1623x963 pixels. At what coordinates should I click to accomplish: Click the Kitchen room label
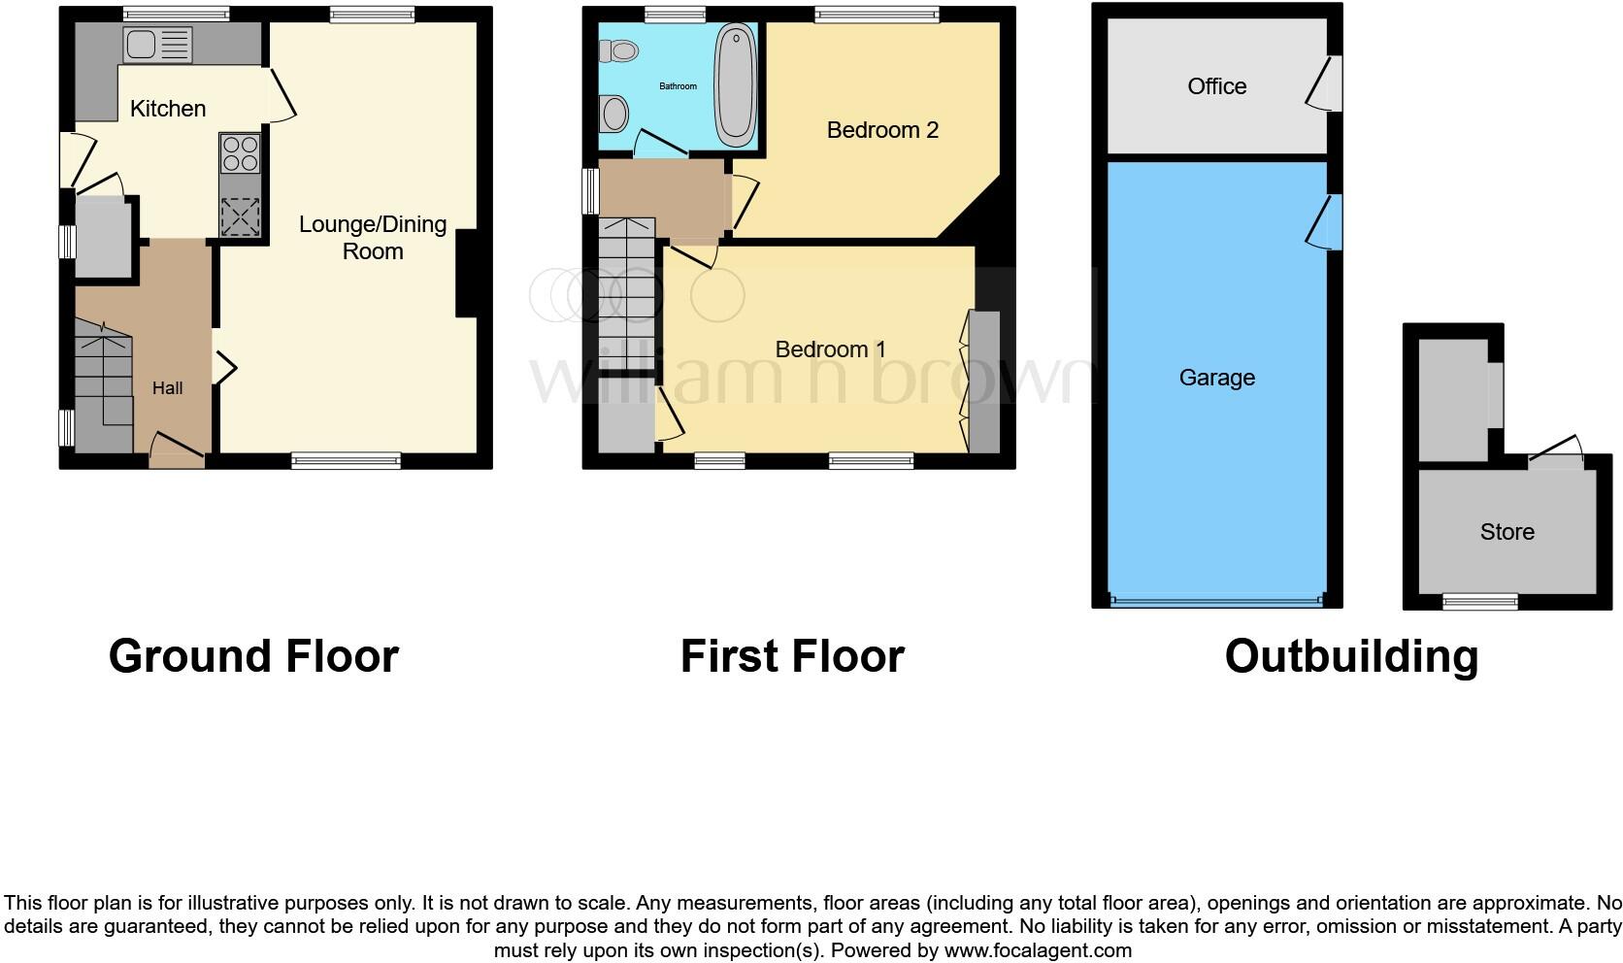tap(168, 109)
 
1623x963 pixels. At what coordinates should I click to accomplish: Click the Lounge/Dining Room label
tap(373, 238)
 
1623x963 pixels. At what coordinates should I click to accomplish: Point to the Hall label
tap(167, 388)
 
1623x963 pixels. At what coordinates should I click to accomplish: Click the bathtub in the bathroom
tap(737, 85)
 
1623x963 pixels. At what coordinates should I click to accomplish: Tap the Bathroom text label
tap(678, 86)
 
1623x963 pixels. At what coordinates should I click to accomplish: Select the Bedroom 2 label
tap(882, 130)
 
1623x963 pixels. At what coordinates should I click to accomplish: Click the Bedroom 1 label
tap(830, 349)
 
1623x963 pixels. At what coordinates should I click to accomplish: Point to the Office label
tap(1216, 86)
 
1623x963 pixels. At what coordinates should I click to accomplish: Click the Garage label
tap(1216, 378)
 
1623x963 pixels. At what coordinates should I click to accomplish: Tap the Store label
tap(1507, 532)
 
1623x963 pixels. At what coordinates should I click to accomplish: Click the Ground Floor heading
tap(253, 656)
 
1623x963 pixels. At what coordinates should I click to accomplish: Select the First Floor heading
tap(792, 656)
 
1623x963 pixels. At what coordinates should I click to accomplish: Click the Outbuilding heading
tap(1351, 656)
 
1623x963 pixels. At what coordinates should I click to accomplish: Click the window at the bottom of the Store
tap(1480, 602)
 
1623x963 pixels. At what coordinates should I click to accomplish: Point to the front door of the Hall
tap(177, 448)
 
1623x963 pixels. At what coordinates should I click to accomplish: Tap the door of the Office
tap(1322, 83)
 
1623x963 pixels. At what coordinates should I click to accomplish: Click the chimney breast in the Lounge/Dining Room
tap(467, 273)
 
